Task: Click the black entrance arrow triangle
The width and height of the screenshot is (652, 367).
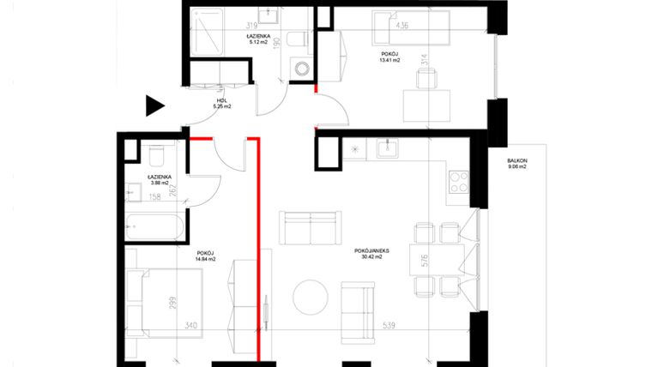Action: [154, 105]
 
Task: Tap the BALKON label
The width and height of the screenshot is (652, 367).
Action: [516, 160]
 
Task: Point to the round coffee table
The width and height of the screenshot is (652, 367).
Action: [310, 298]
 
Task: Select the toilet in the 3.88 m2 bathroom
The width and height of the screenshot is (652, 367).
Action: [156, 157]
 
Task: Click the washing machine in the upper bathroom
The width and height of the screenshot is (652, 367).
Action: [300, 68]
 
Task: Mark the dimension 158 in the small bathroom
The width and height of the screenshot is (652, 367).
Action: [155, 197]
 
